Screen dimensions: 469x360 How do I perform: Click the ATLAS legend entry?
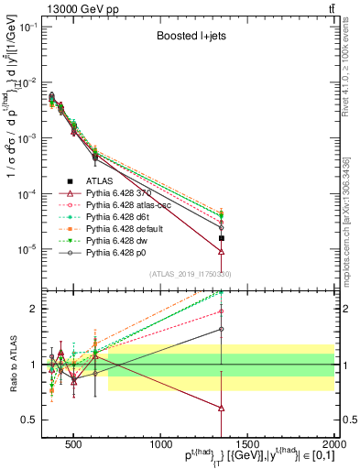pyautogui.click(x=102, y=180)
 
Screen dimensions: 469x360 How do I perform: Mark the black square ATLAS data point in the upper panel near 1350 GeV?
pyautogui.click(x=222, y=237)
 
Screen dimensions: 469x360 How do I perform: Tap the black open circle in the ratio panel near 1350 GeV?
pyautogui.click(x=222, y=329)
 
